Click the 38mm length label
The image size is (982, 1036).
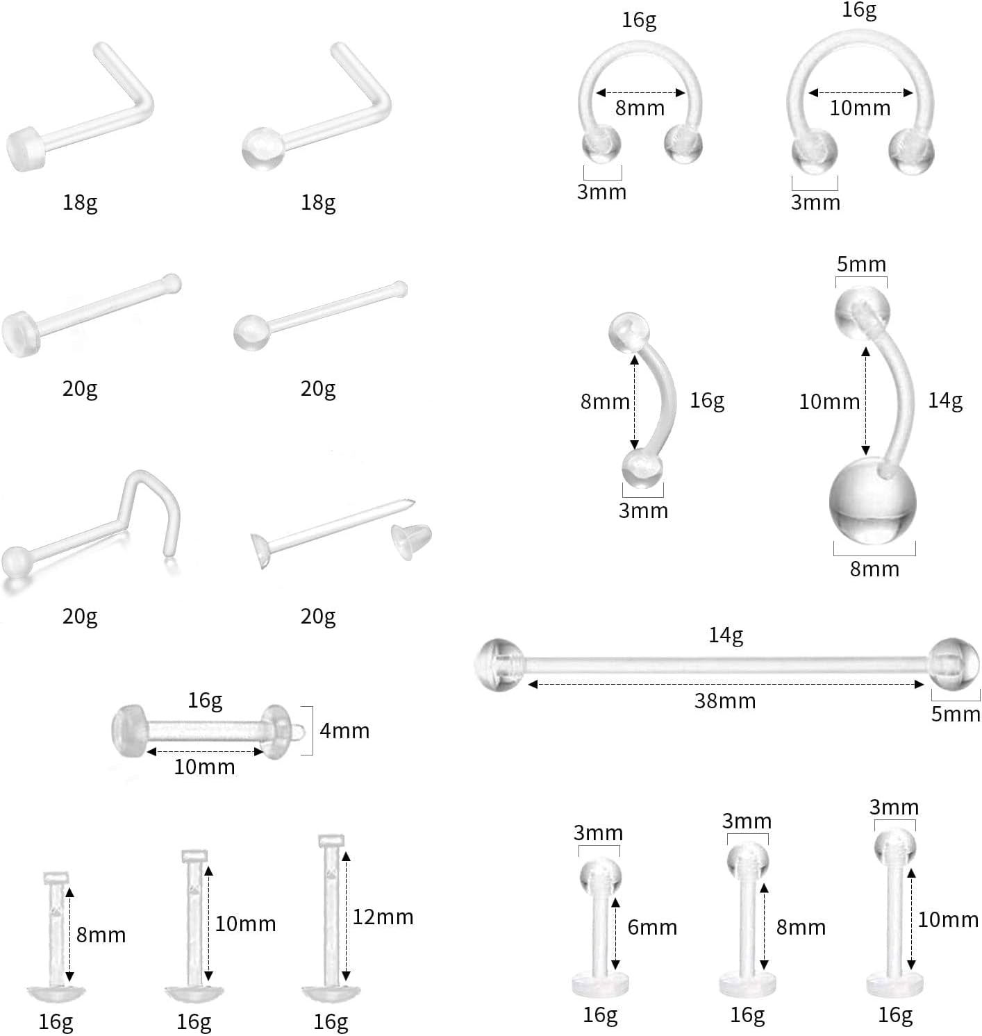click(725, 701)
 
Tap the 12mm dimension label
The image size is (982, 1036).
click(383, 917)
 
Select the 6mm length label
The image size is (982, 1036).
click(652, 927)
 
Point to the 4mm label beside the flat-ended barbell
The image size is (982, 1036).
click(344, 730)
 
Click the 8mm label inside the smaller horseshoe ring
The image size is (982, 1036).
click(640, 108)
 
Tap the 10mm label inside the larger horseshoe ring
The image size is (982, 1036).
click(860, 108)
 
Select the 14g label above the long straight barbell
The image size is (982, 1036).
click(726, 635)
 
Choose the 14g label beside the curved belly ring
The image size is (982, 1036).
click(945, 401)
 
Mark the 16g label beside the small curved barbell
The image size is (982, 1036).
click(707, 401)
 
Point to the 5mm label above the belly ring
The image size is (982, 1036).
click(861, 265)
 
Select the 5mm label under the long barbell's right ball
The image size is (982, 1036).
click(956, 714)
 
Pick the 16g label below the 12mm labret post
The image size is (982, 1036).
click(331, 1021)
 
